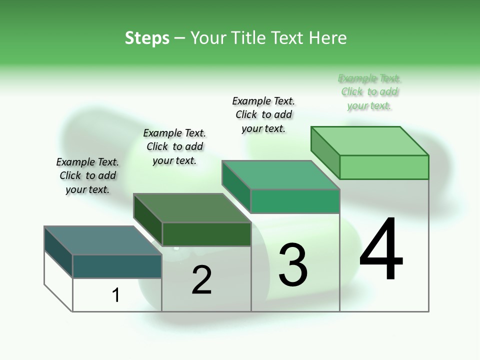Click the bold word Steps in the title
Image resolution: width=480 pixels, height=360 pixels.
click(147, 38)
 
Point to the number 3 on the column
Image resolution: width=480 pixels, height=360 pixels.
click(293, 265)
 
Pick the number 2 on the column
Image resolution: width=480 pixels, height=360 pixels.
click(202, 280)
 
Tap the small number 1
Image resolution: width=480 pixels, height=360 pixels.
click(116, 295)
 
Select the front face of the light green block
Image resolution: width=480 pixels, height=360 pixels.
click(384, 167)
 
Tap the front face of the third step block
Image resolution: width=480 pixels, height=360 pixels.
click(295, 201)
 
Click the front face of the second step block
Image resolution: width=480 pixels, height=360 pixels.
click(206, 234)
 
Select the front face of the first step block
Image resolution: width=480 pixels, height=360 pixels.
click(117, 266)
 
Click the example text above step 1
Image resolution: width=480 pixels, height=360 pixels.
click(87, 175)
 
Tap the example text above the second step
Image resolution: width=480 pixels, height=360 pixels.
click(174, 146)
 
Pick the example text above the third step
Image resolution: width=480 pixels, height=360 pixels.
click(263, 114)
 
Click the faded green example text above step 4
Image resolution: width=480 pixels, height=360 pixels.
click(369, 91)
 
